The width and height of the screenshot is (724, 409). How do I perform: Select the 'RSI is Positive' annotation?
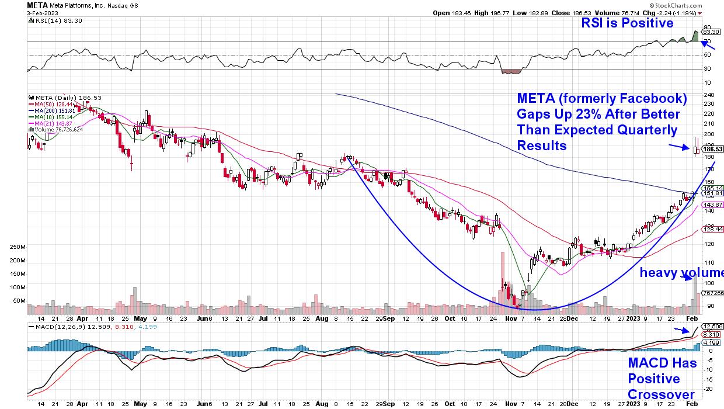pos(626,23)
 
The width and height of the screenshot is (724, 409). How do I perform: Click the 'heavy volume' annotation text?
pos(681,273)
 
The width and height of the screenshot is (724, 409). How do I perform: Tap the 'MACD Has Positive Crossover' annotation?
pos(662,379)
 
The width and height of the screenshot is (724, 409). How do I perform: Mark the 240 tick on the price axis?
pos(708,95)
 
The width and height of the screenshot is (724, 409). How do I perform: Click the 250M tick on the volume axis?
pos(18,247)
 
